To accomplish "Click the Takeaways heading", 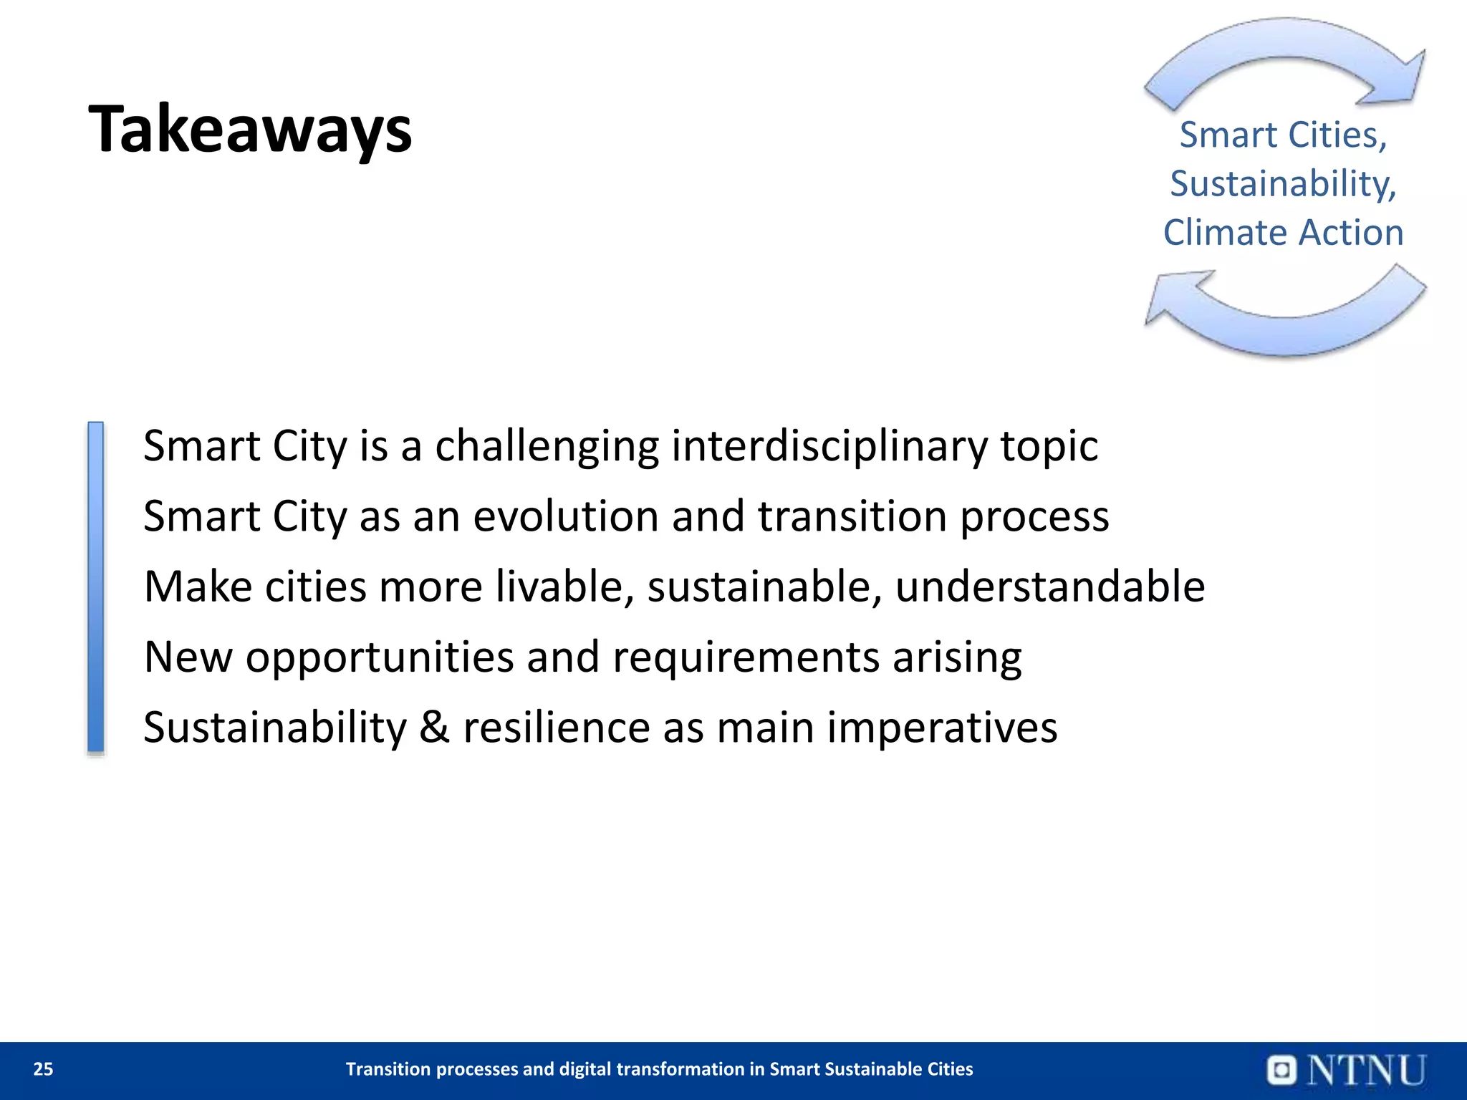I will [250, 130].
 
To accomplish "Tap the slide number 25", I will [43, 1069].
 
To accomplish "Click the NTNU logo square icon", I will [1281, 1070].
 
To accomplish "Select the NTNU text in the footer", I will [1367, 1070].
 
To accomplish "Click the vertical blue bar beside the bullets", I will [95, 587].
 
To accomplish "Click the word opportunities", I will [380, 657].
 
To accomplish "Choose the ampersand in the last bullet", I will [434, 727].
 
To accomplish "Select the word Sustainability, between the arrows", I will [1283, 183].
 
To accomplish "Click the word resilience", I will [557, 727].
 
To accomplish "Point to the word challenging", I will [547, 447].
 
